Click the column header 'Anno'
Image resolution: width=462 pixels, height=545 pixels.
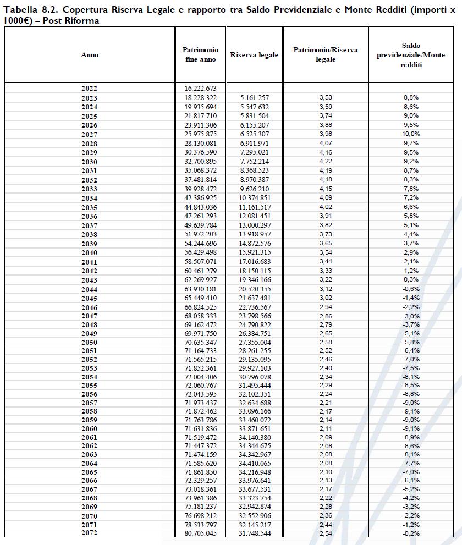pyautogui.click(x=90, y=55)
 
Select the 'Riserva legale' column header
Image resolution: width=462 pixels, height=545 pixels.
pyautogui.click(x=254, y=55)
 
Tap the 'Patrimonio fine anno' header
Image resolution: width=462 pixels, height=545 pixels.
pyautogui.click(x=200, y=54)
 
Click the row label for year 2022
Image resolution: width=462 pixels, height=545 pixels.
pyautogui.click(x=89, y=89)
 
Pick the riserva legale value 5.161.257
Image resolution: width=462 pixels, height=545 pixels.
pyautogui.click(x=254, y=98)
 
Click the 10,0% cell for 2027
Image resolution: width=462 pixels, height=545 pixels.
pyautogui.click(x=411, y=134)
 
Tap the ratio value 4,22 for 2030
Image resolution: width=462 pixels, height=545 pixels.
pyautogui.click(x=326, y=162)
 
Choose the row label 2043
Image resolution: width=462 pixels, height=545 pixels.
pyautogui.click(x=89, y=280)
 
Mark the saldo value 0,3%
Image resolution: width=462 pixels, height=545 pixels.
pyautogui.click(x=411, y=280)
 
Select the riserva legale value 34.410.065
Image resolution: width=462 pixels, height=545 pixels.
pyautogui.click(x=254, y=464)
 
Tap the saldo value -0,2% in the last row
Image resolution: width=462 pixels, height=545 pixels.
pyautogui.click(x=411, y=533)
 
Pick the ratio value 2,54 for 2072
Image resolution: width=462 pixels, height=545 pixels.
pyautogui.click(x=326, y=533)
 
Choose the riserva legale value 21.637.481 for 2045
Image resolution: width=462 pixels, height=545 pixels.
pyautogui.click(x=254, y=298)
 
